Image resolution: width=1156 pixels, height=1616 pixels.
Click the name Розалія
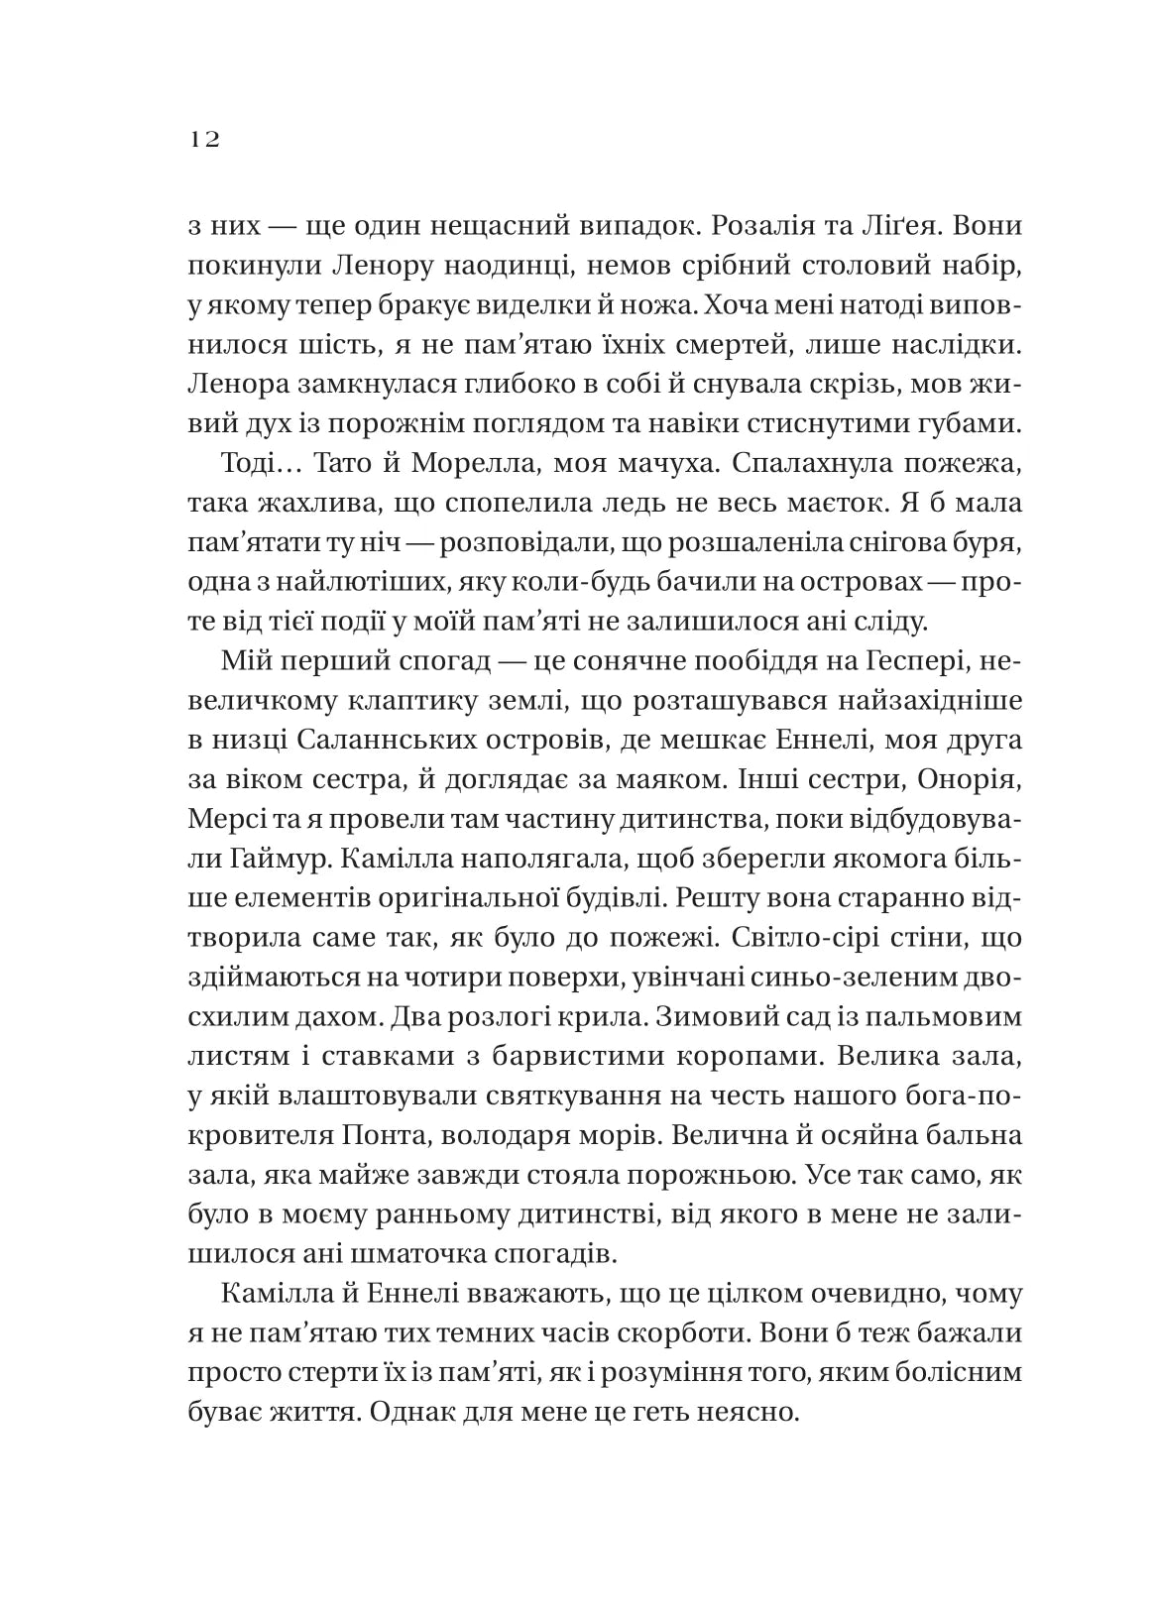pos(740,225)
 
